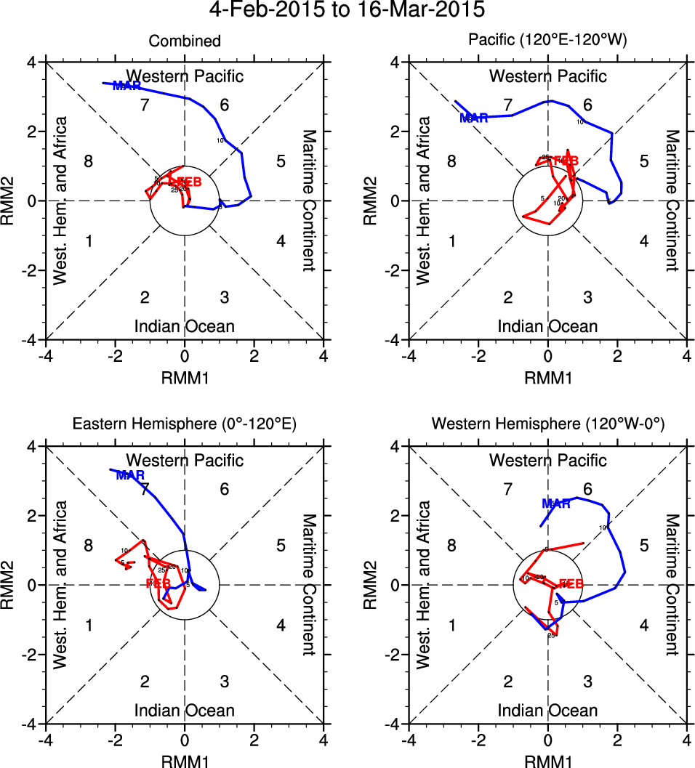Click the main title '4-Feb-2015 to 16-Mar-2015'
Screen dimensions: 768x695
(347, 11)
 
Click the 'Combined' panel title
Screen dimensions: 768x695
(185, 41)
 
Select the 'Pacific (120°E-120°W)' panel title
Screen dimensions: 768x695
(547, 41)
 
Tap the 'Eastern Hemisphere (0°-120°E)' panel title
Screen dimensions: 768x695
(185, 425)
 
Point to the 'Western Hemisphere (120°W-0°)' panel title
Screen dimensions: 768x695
(547, 425)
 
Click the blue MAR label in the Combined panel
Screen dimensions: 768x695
(127, 86)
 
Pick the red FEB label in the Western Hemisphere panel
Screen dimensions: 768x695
(570, 583)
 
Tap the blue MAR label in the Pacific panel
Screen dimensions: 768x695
(474, 118)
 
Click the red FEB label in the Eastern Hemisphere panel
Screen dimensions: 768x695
(158, 583)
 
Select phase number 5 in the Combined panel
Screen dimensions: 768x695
(281, 161)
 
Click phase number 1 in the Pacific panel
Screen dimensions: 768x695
(451, 241)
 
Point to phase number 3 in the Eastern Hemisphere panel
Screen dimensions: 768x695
(225, 681)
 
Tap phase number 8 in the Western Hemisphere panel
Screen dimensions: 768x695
(451, 546)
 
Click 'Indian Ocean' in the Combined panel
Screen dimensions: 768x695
(185, 326)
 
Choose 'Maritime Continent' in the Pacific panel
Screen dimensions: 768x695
(672, 201)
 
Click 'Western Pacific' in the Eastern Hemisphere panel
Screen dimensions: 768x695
(185, 460)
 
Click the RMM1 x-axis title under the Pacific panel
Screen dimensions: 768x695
(547, 377)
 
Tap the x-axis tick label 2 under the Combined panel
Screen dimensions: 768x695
(254, 356)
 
